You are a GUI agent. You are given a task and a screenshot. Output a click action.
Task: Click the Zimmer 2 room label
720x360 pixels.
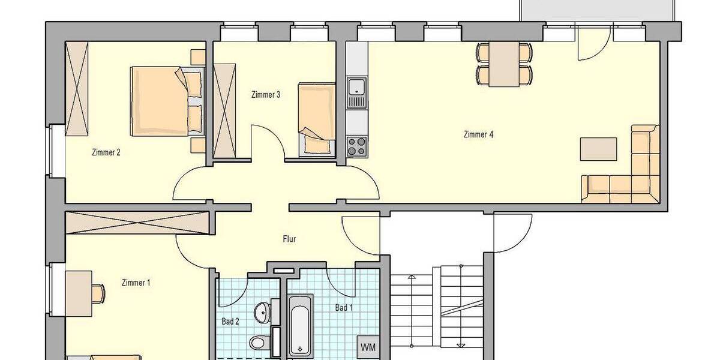pyautogui.click(x=106, y=152)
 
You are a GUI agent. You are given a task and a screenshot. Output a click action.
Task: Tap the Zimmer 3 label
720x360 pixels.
pyautogui.click(x=266, y=94)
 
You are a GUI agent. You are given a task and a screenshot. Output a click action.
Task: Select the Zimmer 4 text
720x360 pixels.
pyautogui.click(x=478, y=134)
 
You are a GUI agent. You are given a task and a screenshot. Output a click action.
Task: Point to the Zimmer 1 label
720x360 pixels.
pyautogui.click(x=136, y=283)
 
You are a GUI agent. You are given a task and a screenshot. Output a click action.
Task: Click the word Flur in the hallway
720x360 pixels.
pyautogui.click(x=289, y=239)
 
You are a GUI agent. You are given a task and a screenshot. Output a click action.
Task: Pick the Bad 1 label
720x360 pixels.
pyautogui.click(x=344, y=308)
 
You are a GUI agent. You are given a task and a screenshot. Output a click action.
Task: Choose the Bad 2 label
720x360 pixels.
pyautogui.click(x=230, y=322)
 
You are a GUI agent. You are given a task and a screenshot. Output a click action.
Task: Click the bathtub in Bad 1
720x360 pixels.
pyautogui.click(x=300, y=325)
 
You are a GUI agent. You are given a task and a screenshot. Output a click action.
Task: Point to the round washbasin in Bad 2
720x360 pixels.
pyautogui.click(x=262, y=311)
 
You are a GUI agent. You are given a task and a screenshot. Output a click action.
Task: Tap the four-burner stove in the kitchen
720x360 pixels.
pyautogui.click(x=357, y=145)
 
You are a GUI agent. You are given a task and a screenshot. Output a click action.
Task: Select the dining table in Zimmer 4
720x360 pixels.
pyautogui.click(x=503, y=64)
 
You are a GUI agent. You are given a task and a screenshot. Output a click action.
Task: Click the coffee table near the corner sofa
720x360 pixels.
pyautogui.click(x=598, y=149)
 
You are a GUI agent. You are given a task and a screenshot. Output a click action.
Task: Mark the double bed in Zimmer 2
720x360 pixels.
pyautogui.click(x=167, y=101)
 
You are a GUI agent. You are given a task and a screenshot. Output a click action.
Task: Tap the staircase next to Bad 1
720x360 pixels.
pyautogui.click(x=437, y=306)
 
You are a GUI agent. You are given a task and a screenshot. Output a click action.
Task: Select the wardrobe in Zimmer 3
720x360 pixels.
pyautogui.click(x=225, y=110)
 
